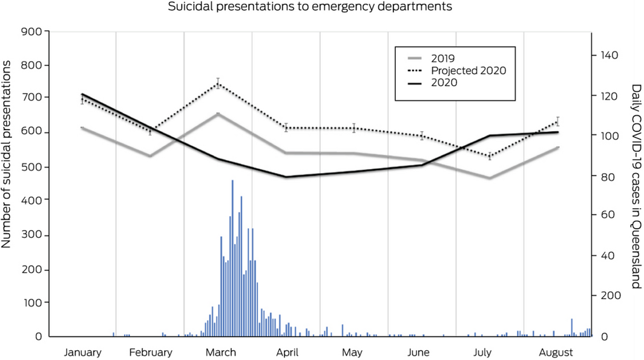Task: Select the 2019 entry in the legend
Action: click(444, 58)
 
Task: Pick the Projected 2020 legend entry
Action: click(468, 70)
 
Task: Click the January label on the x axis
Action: click(83, 352)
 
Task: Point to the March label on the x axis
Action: click(218, 352)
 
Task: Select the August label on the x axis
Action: click(556, 352)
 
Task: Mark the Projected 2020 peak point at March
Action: click(218, 83)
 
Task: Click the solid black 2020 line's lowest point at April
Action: click(286, 177)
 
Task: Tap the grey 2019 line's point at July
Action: click(489, 178)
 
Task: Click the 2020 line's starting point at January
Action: click(82, 94)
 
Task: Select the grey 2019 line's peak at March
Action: click(218, 114)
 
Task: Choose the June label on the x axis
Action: click(419, 352)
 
